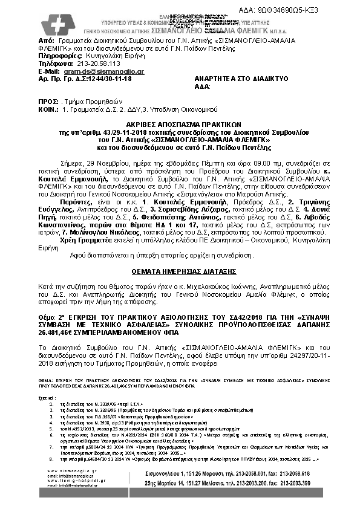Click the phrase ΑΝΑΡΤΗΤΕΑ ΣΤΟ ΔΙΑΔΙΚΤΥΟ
point(232,79)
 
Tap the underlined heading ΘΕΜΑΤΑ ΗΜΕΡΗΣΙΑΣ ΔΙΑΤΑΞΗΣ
point(180,272)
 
